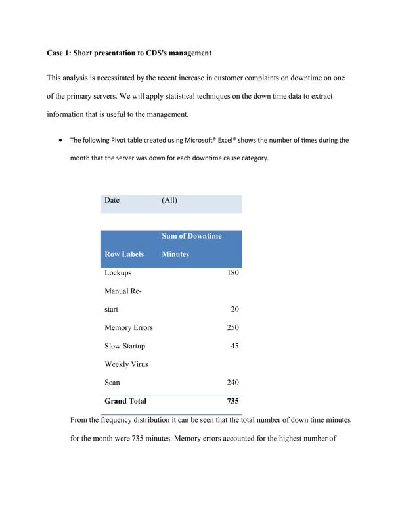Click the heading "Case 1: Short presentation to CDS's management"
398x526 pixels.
click(x=129, y=53)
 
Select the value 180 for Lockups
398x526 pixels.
click(x=232, y=272)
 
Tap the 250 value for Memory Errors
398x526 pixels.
click(x=232, y=327)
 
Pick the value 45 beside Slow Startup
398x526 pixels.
click(x=234, y=346)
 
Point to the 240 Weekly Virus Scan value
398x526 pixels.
click(x=232, y=382)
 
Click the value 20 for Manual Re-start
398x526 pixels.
click(x=234, y=309)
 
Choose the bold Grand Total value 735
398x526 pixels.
click(x=232, y=400)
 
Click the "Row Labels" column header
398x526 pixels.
click(x=123, y=254)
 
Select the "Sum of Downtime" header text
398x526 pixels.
click(x=192, y=236)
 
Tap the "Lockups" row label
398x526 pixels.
click(x=118, y=272)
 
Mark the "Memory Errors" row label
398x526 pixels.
click(x=128, y=327)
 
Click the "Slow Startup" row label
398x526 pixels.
click(x=124, y=346)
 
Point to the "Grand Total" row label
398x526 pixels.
click(x=125, y=400)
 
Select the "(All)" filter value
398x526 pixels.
click(x=169, y=200)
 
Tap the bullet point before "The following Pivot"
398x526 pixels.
click(x=60, y=140)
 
